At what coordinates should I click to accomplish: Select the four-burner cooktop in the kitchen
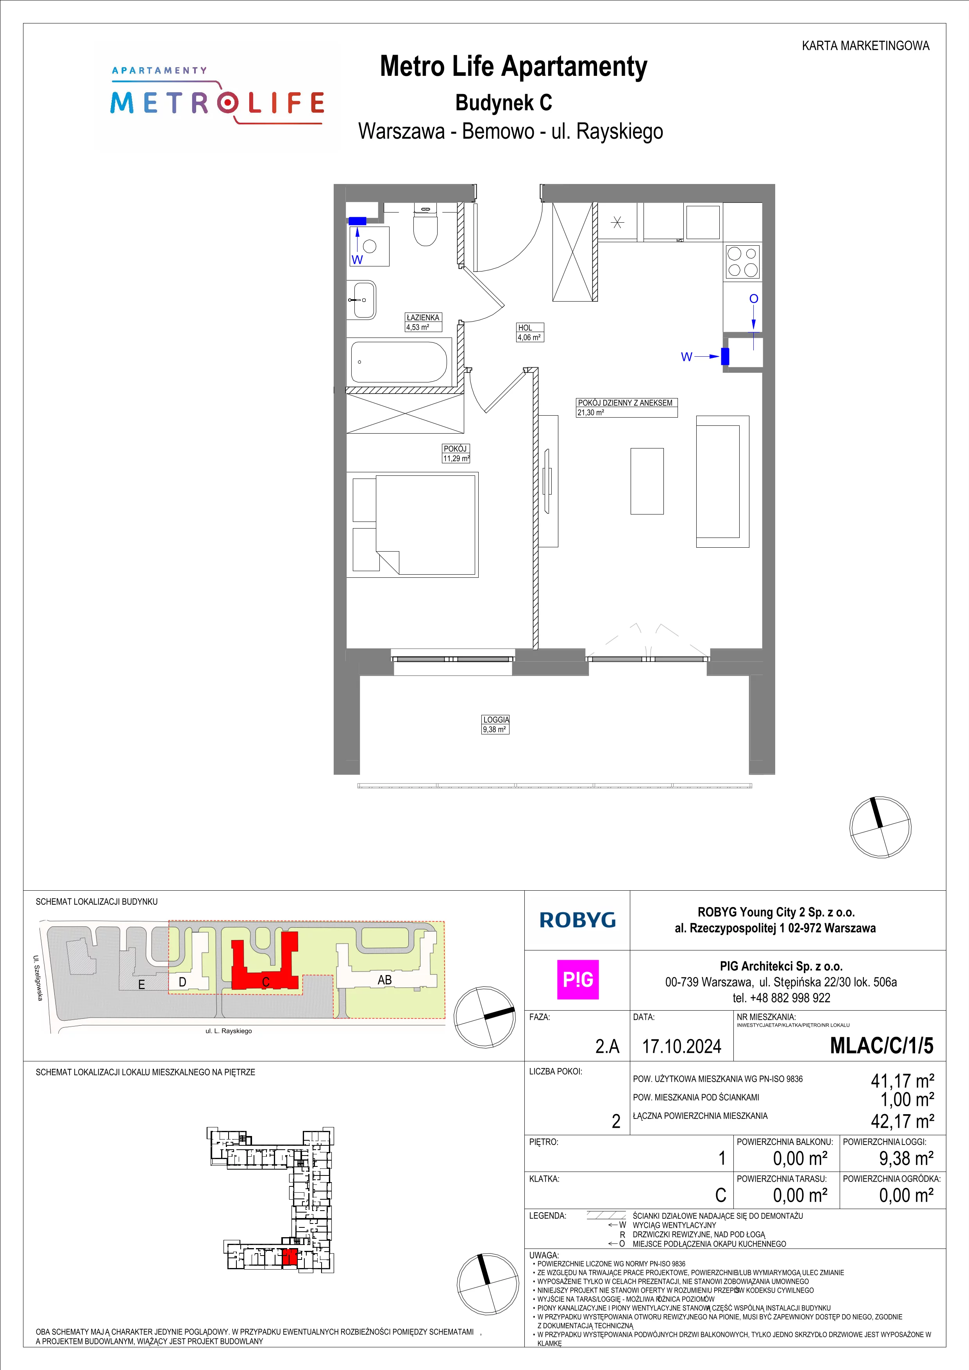(742, 261)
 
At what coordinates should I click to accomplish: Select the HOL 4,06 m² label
(530, 332)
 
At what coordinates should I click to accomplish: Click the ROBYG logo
(577, 920)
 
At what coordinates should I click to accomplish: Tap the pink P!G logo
(577, 980)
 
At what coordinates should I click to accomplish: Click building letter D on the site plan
(182, 982)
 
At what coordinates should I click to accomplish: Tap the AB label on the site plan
(384, 980)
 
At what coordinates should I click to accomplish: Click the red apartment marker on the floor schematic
(290, 1257)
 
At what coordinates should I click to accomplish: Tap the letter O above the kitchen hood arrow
(754, 298)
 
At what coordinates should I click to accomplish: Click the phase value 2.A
(608, 1047)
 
